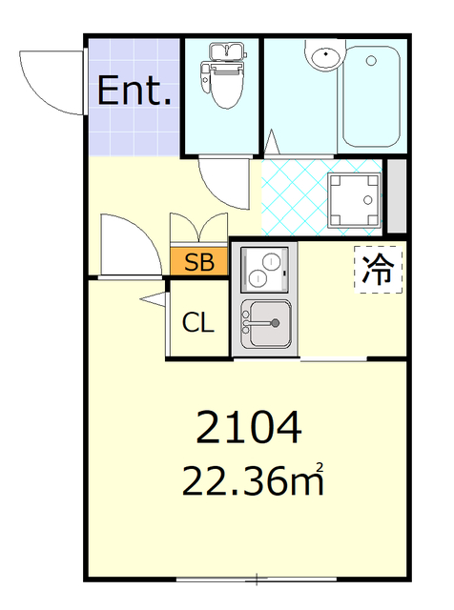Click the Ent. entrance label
coord(135,91)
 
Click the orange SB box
coord(199,262)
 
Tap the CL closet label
coord(198,322)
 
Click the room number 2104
coord(249,428)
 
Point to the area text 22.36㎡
coord(253,481)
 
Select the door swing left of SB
coord(128,246)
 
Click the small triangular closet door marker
coord(153,301)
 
